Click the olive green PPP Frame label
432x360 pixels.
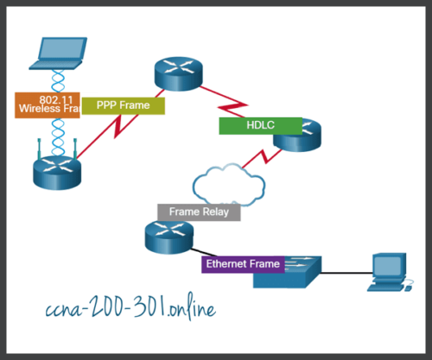tap(123, 105)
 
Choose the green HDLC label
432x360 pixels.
tap(259, 125)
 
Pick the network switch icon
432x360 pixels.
tap(287, 273)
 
